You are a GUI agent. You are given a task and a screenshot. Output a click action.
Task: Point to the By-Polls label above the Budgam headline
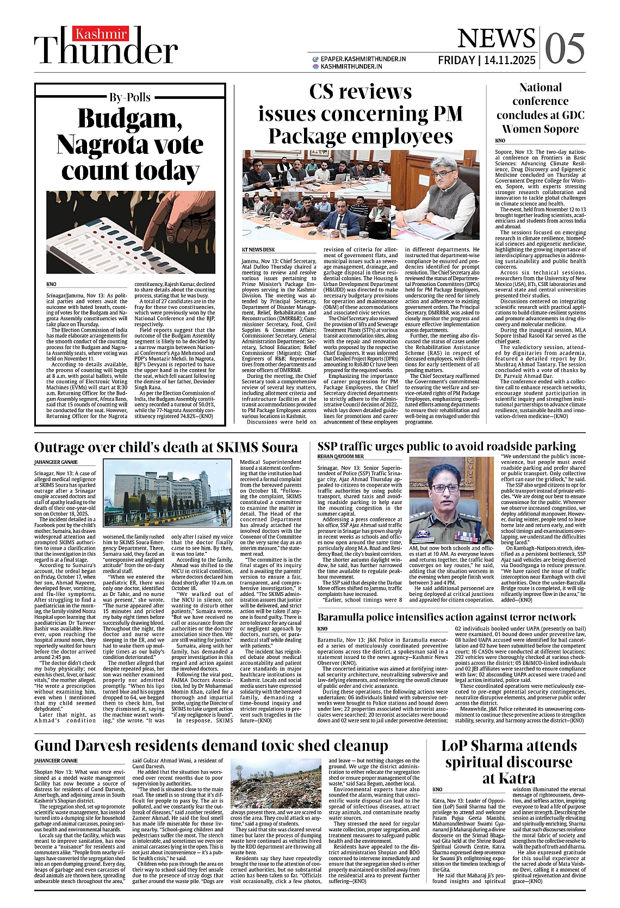tap(130, 98)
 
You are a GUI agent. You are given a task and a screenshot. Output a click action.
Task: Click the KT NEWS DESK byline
tap(258, 250)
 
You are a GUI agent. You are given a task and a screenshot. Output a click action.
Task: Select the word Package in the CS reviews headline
tap(314, 136)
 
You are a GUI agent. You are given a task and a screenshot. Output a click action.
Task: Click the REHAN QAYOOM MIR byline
tap(340, 457)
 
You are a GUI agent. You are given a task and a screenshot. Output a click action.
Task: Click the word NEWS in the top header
tap(496, 39)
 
